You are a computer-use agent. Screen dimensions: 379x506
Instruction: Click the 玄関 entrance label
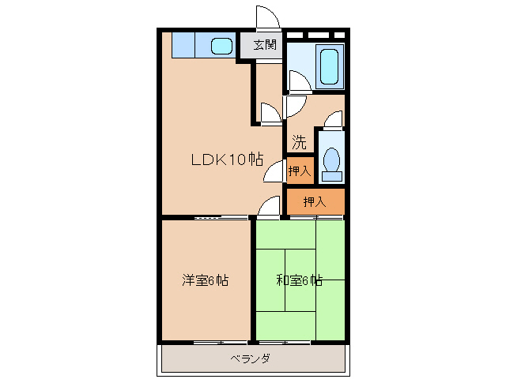(264, 45)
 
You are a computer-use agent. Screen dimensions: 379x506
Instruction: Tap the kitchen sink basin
(222, 46)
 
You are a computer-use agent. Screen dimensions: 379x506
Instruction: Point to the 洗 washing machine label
(298, 143)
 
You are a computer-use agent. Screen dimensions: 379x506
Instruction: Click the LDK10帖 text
(226, 159)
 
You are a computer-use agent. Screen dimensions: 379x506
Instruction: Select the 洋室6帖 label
(205, 280)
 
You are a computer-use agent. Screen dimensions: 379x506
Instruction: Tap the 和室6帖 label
(299, 280)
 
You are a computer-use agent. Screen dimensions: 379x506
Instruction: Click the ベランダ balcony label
(251, 359)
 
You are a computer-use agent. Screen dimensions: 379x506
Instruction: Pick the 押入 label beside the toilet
(299, 171)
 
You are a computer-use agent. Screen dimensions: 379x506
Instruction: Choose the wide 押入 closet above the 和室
(315, 202)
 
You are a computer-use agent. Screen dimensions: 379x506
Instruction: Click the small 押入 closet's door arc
(275, 171)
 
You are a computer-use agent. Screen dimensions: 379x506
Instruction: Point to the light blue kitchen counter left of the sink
(191, 45)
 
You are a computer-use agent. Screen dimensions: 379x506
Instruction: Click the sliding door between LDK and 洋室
(208, 216)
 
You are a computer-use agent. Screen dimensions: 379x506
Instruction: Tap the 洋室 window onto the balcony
(208, 343)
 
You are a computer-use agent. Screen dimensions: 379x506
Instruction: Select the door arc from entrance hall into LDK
(270, 113)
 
